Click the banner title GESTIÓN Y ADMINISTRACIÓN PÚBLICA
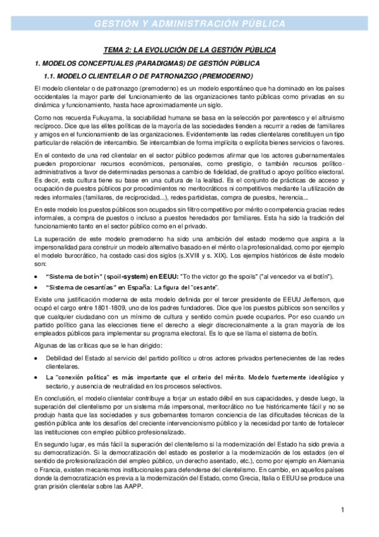(x=189, y=24)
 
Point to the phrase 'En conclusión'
(x=55, y=398)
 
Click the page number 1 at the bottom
(x=342, y=510)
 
